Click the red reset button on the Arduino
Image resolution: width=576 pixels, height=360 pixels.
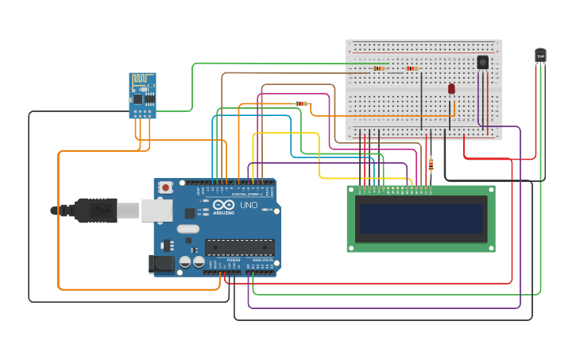point(165,188)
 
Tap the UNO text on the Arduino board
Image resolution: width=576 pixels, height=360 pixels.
point(249,205)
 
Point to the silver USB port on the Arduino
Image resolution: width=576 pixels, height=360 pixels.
point(157,211)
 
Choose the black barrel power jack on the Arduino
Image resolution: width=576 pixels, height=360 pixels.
point(162,264)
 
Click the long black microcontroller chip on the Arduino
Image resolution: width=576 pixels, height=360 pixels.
point(239,247)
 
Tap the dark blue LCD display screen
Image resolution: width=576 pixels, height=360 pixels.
point(421,219)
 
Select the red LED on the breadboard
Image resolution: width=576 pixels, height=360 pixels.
point(451,89)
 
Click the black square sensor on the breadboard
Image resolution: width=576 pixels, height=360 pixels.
point(482,62)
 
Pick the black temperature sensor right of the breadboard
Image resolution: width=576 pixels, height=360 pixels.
point(540,55)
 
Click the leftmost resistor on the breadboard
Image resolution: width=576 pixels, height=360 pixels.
point(378,68)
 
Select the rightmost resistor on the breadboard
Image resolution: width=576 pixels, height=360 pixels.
point(411,68)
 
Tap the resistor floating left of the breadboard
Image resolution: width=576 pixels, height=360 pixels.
point(301,103)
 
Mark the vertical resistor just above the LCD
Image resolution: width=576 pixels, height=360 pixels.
point(431,165)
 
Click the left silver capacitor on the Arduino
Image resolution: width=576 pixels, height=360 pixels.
point(185,261)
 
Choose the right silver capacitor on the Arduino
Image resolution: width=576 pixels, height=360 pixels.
point(198,261)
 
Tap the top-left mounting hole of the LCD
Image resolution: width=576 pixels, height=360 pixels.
point(351,190)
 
